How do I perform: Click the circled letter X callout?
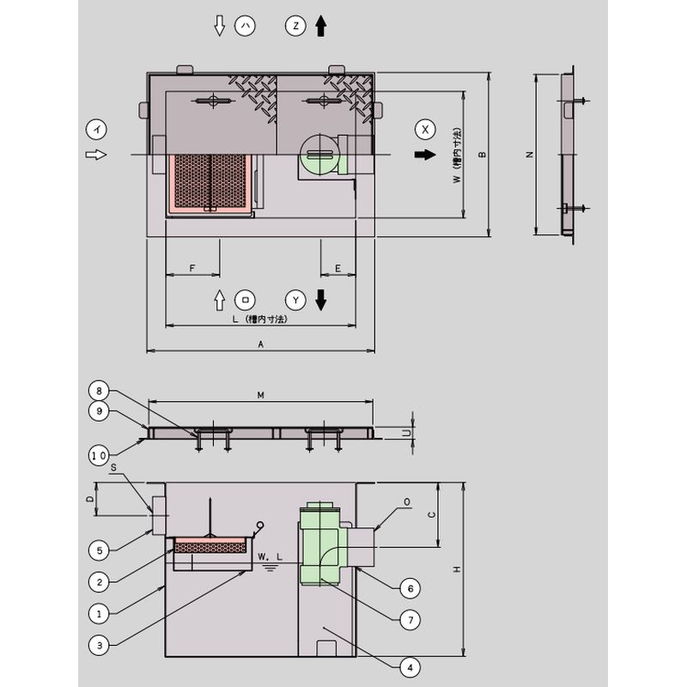pos(425,130)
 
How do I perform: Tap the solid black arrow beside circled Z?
pos(321,26)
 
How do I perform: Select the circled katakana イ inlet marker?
pos(96,130)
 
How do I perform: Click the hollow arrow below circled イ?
pos(96,155)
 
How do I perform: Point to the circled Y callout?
pos(295,300)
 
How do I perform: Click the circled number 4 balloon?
pos(410,668)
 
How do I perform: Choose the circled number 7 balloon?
pos(410,620)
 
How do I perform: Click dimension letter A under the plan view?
pos(261,344)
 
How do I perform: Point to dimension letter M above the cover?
pos(261,395)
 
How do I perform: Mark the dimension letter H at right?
pos(457,569)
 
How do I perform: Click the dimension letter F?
pos(192,268)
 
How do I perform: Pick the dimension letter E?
pos(337,268)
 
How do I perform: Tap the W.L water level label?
pos(270,556)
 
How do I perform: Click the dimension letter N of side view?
pos(530,155)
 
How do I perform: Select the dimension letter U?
pos(407,433)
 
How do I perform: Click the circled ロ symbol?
pos(246,300)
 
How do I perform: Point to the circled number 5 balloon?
pos(99,550)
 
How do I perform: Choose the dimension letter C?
pos(432,514)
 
